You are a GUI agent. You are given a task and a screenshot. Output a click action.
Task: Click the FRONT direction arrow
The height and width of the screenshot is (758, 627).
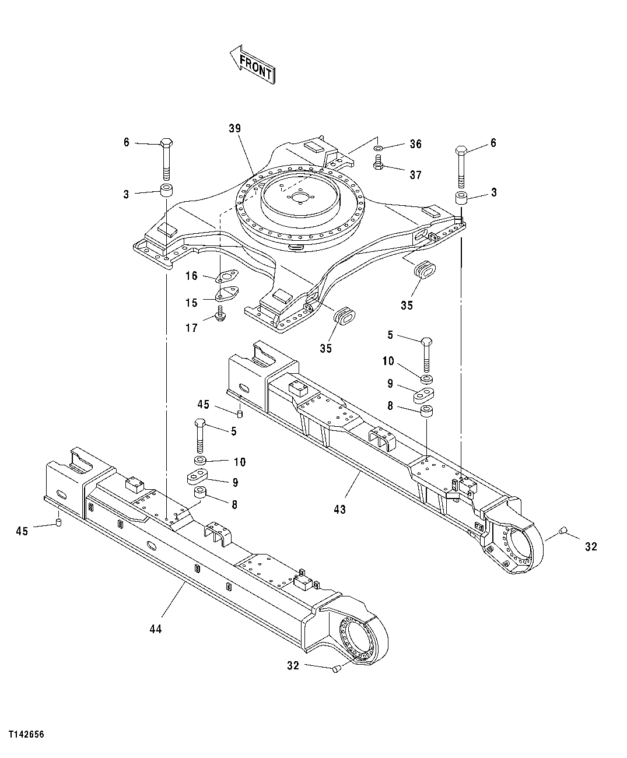click(252, 64)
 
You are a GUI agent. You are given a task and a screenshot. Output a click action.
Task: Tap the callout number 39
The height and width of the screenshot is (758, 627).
click(235, 128)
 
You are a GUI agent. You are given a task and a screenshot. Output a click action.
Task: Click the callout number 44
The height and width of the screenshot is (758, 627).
click(155, 629)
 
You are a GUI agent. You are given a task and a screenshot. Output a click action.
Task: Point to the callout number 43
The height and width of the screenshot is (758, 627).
click(339, 509)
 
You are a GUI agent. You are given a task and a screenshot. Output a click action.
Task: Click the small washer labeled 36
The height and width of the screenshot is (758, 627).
click(379, 148)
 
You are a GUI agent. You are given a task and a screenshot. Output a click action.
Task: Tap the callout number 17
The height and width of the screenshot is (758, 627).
click(191, 328)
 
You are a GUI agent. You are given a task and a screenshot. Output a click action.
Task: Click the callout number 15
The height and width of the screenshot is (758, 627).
click(191, 303)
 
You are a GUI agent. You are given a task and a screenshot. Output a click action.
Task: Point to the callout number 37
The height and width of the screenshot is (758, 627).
click(415, 174)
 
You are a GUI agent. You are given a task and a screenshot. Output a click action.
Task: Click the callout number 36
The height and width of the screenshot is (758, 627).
click(415, 144)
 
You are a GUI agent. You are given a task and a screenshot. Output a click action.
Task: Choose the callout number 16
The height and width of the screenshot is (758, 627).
click(191, 276)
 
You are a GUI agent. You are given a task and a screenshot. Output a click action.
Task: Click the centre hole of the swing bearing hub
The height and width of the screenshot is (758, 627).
click(300, 198)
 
